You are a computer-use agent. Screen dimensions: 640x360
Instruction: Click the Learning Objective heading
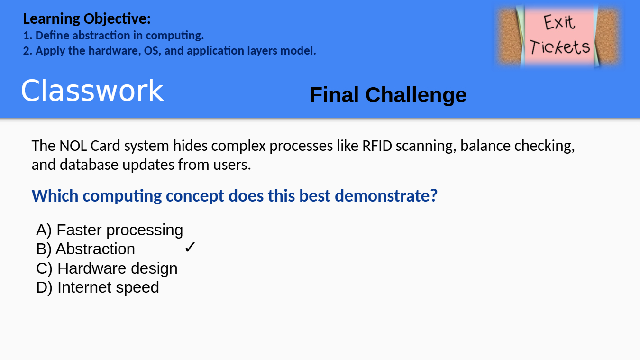[87, 19]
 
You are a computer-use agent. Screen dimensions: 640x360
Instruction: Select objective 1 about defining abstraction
[113, 36]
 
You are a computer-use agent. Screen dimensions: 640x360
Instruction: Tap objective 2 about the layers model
[169, 51]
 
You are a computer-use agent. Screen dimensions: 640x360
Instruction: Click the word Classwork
[92, 91]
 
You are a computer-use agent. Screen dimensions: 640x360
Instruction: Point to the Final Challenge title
[388, 95]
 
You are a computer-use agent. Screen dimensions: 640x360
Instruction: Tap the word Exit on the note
[558, 22]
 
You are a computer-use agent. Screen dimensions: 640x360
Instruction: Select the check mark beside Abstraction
[190, 247]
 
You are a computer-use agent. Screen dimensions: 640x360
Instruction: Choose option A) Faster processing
[110, 230]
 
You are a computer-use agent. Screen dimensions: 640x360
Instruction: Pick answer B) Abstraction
[85, 249]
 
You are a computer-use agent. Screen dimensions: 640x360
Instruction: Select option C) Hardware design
[107, 268]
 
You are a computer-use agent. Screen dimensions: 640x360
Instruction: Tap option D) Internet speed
[98, 287]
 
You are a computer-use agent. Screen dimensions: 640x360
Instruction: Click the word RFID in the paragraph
[377, 146]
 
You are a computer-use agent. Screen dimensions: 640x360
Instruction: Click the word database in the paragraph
[89, 165]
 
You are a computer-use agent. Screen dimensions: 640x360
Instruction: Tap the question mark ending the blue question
[434, 196]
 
